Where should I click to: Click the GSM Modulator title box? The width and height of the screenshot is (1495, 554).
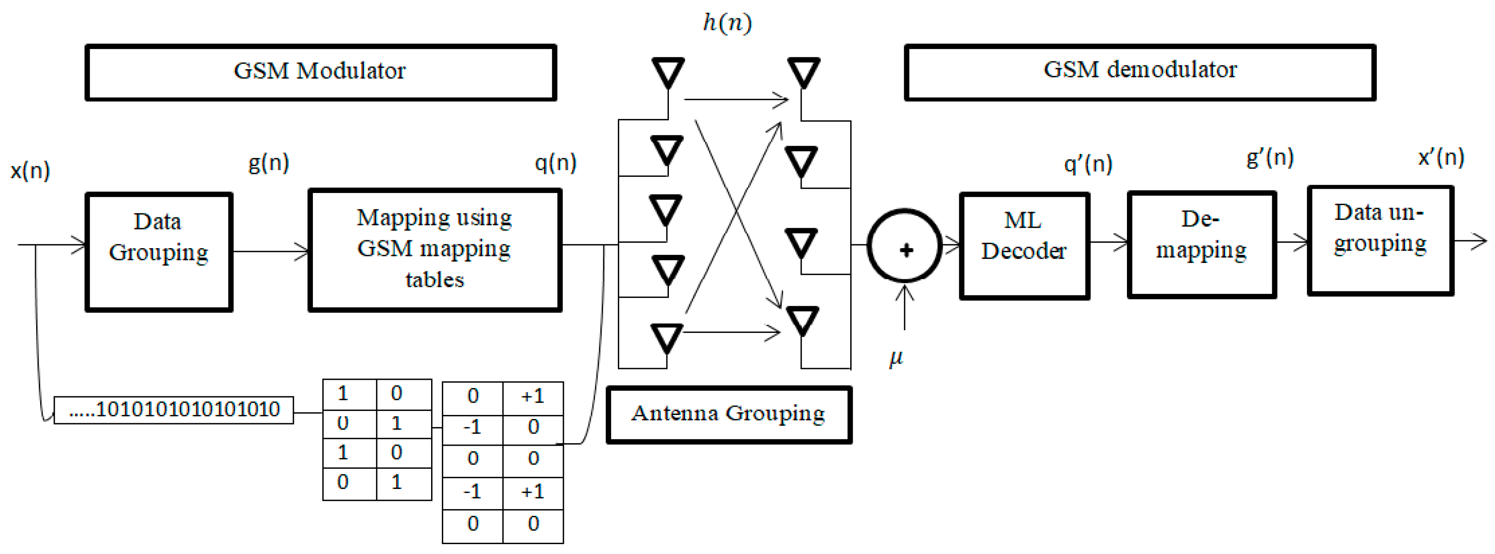point(320,72)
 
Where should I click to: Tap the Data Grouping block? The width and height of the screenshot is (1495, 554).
point(159,251)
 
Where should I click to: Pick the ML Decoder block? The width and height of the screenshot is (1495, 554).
point(1024,246)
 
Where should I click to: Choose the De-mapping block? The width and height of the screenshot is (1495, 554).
point(1201,244)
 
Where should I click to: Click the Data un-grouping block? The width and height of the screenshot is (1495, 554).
point(1380,240)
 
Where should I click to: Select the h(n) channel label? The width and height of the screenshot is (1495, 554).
point(727,23)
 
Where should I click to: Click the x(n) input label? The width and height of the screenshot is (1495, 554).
point(30,170)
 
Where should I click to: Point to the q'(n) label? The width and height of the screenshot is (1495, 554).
point(1088,164)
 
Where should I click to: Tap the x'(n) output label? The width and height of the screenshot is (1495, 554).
point(1441,157)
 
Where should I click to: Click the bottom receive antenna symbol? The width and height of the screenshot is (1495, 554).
point(802,320)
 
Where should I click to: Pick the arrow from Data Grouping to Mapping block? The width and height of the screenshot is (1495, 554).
point(271,251)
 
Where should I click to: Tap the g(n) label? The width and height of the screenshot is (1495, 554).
point(268,163)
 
